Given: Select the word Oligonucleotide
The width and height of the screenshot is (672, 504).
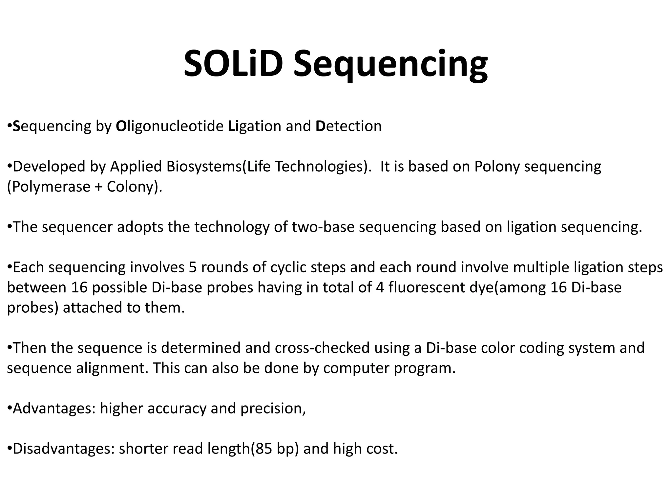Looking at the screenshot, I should tap(170, 126).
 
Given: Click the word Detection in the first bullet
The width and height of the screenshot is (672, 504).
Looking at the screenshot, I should tap(348, 126).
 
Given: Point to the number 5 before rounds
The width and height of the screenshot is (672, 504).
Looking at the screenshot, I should tap(193, 267).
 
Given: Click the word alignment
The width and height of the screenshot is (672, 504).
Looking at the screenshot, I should tap(110, 368).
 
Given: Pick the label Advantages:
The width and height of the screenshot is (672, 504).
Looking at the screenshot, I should tap(54, 409).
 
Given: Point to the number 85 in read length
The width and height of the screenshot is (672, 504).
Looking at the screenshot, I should tap(264, 449).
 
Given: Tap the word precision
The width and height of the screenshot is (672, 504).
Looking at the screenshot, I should tap(273, 409).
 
